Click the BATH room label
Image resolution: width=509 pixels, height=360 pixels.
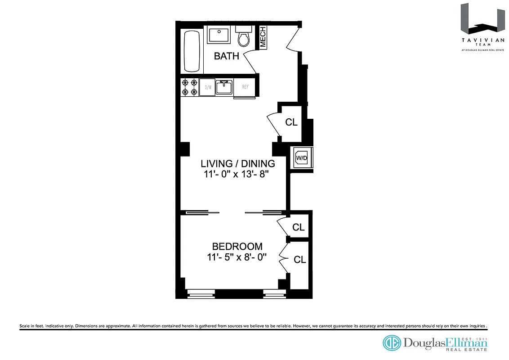point(226,56)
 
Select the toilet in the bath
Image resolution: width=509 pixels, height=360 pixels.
point(243,37)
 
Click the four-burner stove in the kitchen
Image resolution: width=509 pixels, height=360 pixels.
point(189,87)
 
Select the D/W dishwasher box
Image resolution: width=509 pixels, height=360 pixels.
point(208,87)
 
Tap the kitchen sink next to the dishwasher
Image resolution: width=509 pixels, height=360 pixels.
point(224,87)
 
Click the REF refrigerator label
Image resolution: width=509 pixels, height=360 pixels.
point(245,87)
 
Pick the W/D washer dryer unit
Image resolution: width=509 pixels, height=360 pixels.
point(301,158)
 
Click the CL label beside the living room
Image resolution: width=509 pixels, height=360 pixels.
point(291,122)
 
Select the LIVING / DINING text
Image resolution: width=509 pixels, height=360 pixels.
point(237,163)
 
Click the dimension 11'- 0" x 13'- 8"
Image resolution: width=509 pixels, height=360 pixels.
point(237,174)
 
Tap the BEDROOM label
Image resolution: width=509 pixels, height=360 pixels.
point(237,247)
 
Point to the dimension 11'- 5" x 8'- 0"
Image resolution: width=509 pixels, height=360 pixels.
point(237,257)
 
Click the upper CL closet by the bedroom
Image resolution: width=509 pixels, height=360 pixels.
point(298,227)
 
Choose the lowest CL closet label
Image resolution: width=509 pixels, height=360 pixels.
point(300,260)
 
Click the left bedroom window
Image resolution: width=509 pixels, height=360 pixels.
point(201,295)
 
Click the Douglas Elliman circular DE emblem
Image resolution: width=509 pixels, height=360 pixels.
point(391,343)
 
